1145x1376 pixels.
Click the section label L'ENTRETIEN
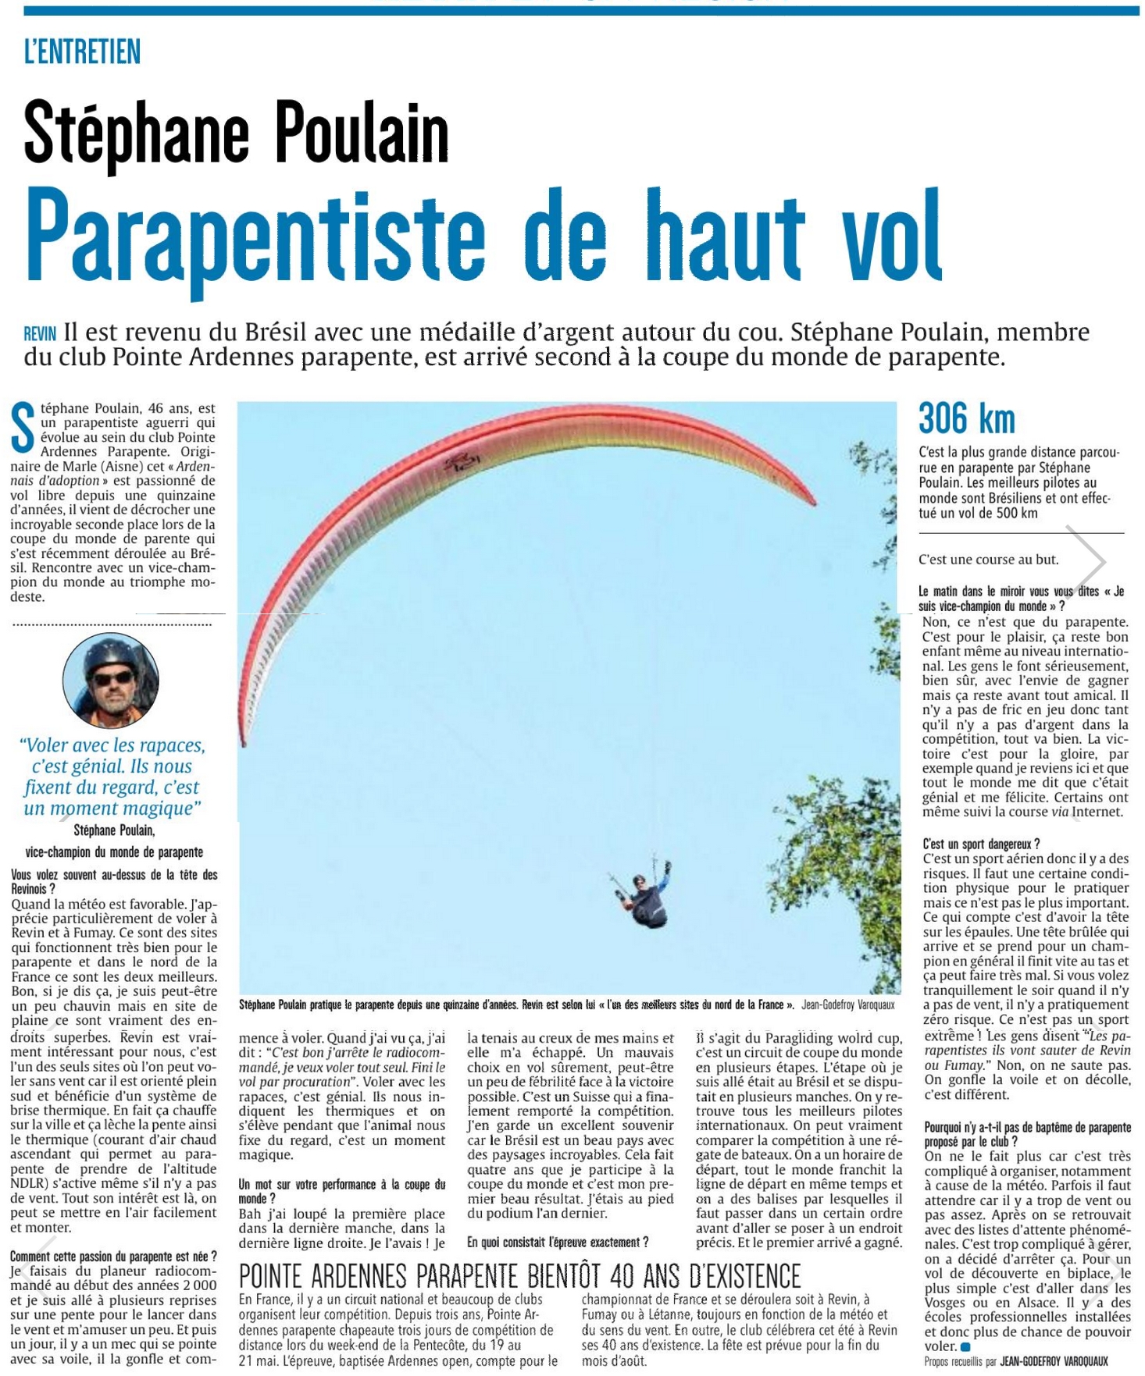(x=82, y=52)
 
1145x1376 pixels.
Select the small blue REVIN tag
(x=40, y=334)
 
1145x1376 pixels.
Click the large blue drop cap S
(x=23, y=428)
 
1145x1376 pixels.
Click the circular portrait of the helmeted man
(x=111, y=681)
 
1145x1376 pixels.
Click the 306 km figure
(x=966, y=420)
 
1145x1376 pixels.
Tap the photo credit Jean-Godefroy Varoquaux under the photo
(x=847, y=1005)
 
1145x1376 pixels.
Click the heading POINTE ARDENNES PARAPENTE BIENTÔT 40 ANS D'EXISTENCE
(x=519, y=1276)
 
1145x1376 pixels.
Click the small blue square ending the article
(x=965, y=1346)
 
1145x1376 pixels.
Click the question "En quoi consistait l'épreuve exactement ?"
(x=558, y=1242)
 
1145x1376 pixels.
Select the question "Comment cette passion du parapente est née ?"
(x=113, y=1256)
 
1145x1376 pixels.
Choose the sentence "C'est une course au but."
(x=988, y=560)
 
